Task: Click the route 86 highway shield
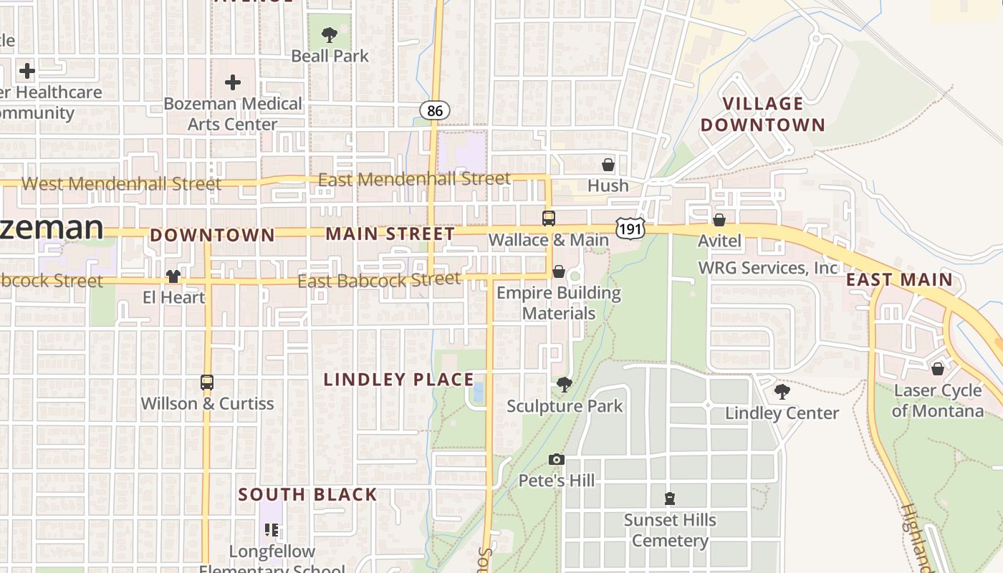click(435, 110)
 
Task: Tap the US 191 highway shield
click(630, 228)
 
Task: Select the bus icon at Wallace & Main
click(549, 218)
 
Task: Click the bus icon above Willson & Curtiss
click(207, 382)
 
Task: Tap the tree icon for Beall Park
click(330, 34)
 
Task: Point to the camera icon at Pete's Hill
click(557, 459)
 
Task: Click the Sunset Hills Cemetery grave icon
click(670, 499)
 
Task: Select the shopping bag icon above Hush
click(608, 165)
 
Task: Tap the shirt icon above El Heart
click(173, 276)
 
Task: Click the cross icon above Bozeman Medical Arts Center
click(233, 82)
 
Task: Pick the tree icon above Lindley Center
click(782, 392)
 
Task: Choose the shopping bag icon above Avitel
click(719, 220)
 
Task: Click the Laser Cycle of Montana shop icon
click(937, 369)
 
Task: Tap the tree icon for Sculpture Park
click(565, 385)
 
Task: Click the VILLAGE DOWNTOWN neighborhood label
click(763, 115)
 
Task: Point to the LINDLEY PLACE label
click(399, 380)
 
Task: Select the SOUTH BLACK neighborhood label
click(307, 494)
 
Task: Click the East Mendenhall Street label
click(414, 179)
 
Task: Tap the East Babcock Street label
click(378, 279)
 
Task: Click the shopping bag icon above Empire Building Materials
click(559, 271)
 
